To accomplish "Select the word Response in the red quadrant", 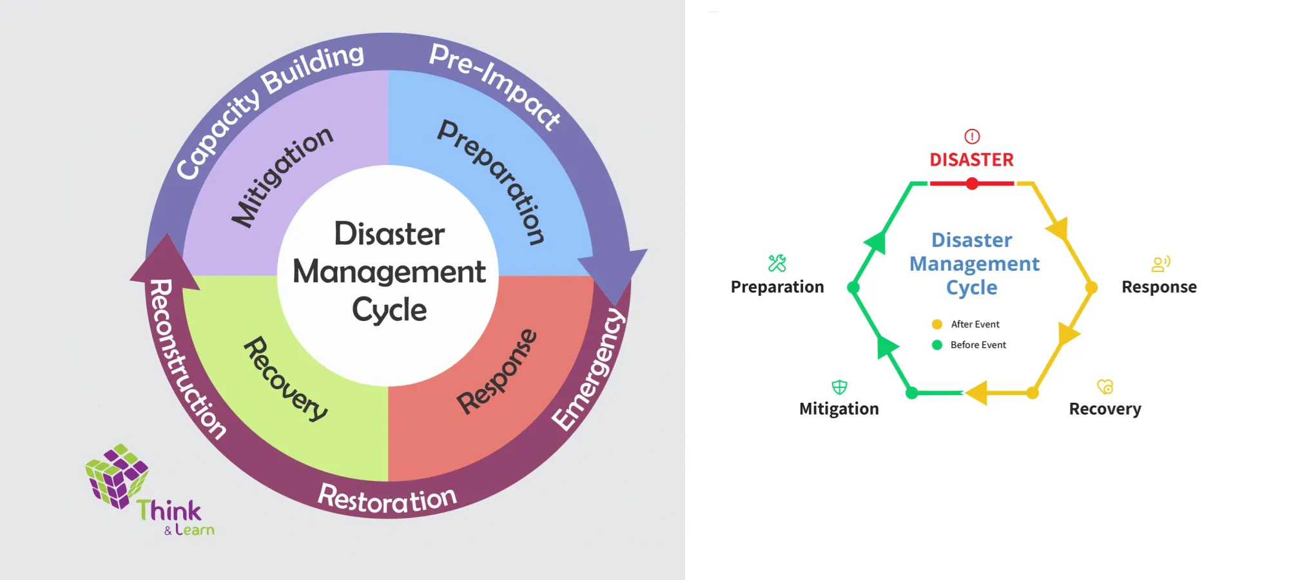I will click(x=497, y=372).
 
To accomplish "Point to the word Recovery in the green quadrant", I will click(x=286, y=379).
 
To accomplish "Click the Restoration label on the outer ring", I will click(x=387, y=499).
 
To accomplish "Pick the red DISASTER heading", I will click(x=971, y=160).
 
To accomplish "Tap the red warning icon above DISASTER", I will click(x=972, y=137).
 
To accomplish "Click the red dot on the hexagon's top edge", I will click(x=972, y=184).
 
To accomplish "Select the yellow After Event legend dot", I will click(x=937, y=324).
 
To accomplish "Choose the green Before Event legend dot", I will click(x=937, y=345).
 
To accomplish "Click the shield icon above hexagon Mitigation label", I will click(x=839, y=387).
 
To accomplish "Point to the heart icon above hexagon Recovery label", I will click(x=1105, y=387).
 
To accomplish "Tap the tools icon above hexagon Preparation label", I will click(x=777, y=263).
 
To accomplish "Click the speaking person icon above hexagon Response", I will click(x=1160, y=264).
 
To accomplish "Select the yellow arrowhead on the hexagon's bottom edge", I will click(x=976, y=392).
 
